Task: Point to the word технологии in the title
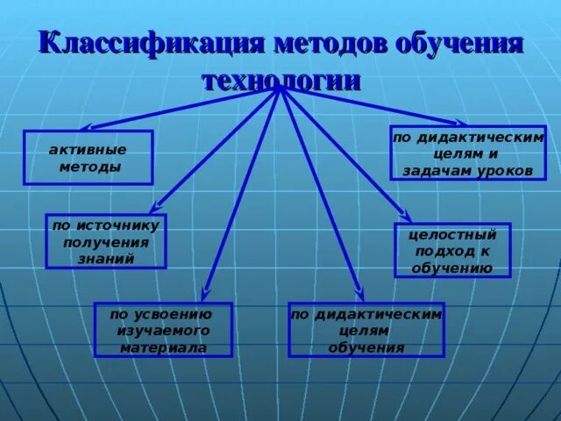pos(280,81)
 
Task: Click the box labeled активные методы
pos(88,157)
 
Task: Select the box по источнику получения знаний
pos(105,241)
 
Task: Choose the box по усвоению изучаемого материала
pos(163,330)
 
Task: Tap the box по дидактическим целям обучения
pos(366,330)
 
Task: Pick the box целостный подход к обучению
pos(451,250)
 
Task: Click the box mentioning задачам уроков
pos(468,153)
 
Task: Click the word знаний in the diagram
pos(105,259)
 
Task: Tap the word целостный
pos(452,234)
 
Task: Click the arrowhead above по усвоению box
pos(204,294)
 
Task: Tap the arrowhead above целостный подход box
pos(406,216)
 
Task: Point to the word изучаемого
pos(164,331)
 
